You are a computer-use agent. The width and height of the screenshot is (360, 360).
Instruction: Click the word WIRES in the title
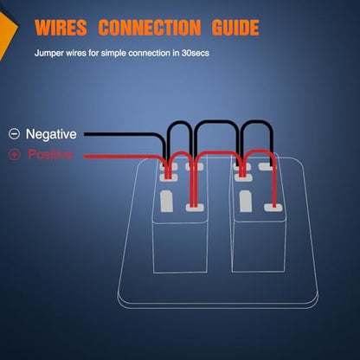61,28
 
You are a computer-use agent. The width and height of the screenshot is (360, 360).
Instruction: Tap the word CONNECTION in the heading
150,28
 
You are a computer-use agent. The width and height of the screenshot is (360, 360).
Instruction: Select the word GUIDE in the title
235,28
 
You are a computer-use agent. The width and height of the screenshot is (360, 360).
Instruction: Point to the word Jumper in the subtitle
49,54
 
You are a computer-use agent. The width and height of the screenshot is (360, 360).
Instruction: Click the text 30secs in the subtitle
196,53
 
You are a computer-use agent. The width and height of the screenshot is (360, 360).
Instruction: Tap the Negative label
51,134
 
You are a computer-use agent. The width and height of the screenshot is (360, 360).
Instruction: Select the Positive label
50,154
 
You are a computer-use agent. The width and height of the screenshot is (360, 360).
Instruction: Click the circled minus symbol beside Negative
14,134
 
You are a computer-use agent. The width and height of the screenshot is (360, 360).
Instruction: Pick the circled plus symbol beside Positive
14,155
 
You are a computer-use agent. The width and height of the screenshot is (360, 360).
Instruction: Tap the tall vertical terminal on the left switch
166,202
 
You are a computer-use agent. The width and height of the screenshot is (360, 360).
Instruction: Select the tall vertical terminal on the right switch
246,202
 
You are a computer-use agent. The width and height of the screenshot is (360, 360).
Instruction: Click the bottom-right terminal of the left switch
195,207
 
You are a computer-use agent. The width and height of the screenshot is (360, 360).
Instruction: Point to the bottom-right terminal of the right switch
273,207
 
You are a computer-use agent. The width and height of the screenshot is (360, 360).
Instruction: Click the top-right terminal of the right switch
267,166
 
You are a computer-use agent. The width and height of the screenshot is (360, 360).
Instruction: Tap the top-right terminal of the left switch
194,166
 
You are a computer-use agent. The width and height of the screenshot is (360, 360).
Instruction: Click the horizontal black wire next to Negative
121,134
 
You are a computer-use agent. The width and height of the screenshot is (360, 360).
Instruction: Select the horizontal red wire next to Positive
121,157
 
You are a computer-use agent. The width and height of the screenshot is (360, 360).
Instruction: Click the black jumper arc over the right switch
258,122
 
